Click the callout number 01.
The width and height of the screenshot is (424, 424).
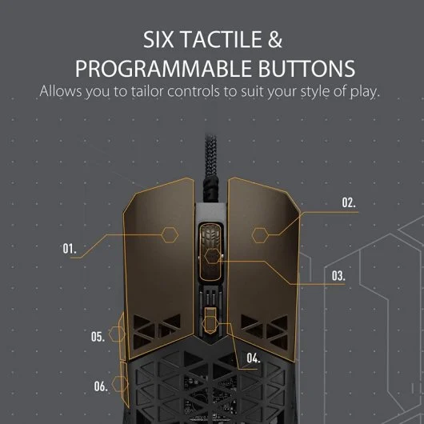point(70,249)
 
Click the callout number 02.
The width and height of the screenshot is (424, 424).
point(349,203)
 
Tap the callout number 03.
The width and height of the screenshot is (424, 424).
point(338,275)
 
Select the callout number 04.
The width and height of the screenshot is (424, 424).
point(253,358)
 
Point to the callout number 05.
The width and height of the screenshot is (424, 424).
point(98,337)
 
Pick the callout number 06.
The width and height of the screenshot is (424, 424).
point(101,386)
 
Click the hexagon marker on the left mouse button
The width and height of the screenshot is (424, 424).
point(170,234)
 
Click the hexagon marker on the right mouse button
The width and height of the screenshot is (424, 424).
point(261,234)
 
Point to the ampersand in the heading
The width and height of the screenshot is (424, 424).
point(274,40)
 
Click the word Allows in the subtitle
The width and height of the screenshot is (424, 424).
point(58,91)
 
